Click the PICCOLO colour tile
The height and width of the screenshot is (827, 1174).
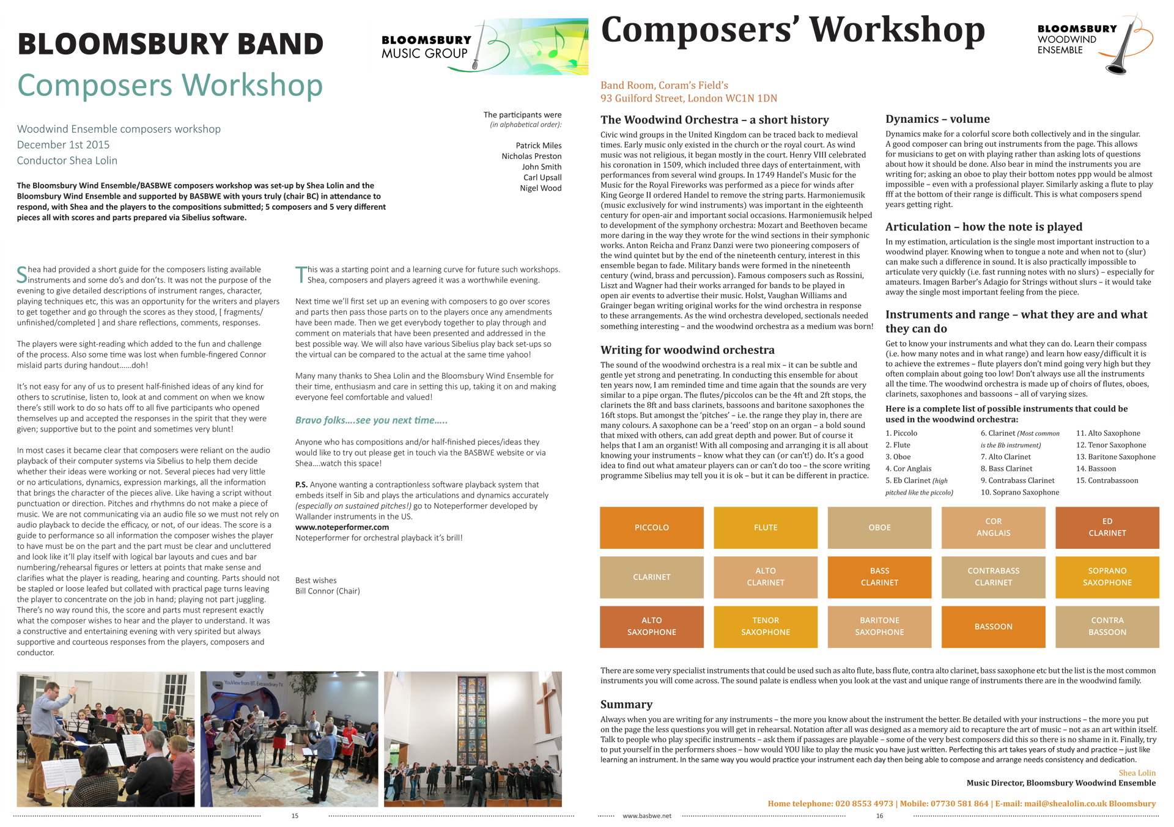(651, 527)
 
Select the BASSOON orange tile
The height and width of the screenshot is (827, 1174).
(993, 627)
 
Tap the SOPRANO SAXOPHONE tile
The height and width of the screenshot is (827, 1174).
(1107, 576)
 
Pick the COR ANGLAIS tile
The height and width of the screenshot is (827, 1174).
(993, 527)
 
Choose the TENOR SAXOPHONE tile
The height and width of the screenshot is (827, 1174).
(766, 627)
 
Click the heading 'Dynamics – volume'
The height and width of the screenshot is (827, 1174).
(937, 119)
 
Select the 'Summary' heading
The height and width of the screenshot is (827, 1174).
(626, 704)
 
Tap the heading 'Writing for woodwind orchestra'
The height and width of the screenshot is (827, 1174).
(687, 350)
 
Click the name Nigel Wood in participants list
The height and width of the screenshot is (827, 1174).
(541, 188)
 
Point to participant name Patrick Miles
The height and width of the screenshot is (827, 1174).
(538, 145)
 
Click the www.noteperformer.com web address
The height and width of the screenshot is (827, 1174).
(342, 527)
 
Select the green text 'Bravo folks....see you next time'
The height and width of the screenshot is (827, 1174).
(371, 420)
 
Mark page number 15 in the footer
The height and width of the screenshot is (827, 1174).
(295, 816)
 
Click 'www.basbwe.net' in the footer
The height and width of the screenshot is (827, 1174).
(646, 816)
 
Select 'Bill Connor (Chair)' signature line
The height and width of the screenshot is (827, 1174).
(327, 591)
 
